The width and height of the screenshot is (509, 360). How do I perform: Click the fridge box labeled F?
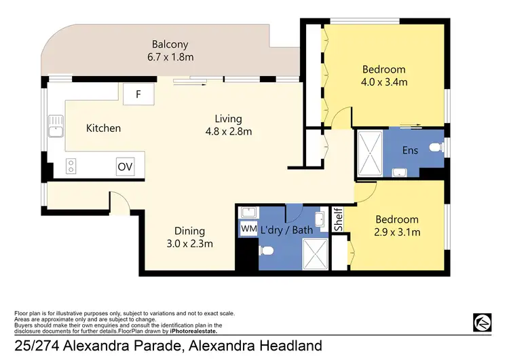138,94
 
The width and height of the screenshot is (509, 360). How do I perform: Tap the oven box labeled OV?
124,166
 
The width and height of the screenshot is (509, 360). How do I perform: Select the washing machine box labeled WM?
248,230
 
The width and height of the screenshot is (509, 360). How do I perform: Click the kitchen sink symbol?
55,126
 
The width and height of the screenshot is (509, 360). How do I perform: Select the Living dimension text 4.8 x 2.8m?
229,131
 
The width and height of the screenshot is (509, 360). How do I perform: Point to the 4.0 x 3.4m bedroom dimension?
384,82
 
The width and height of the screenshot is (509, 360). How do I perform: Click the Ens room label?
410,150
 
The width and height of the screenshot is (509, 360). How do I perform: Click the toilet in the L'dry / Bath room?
268,252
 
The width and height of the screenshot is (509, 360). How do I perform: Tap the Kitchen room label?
103,128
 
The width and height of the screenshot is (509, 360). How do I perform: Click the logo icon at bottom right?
483,321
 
